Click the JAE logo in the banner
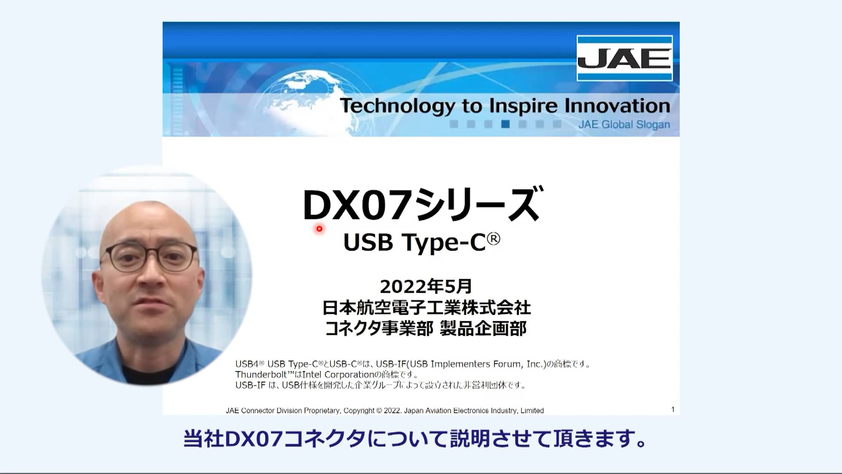(x=624, y=58)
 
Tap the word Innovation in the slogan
(x=617, y=106)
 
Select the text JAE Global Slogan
(x=624, y=125)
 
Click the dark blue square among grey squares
(x=505, y=124)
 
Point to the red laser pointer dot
(x=319, y=229)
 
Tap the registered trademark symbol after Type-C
(x=493, y=239)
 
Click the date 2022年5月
(x=425, y=287)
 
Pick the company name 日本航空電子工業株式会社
(x=426, y=308)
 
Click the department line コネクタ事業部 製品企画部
(x=425, y=329)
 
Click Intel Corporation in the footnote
(x=337, y=375)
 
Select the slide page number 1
(x=673, y=409)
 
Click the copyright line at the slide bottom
(x=385, y=411)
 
